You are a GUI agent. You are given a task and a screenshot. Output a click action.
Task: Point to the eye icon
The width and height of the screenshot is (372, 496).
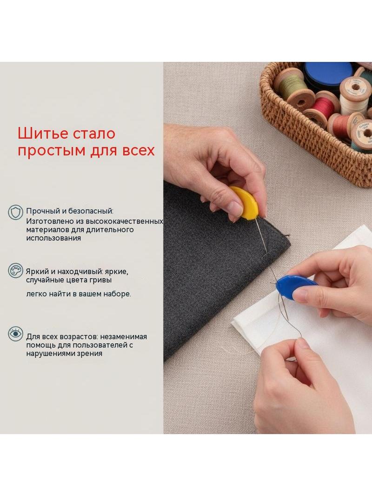point(15,334)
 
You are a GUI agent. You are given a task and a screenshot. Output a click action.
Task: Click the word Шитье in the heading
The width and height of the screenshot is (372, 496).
point(43,134)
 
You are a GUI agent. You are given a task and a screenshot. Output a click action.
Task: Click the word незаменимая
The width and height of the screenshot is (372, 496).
point(124,336)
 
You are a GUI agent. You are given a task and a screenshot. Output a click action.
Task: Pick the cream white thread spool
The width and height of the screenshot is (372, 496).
point(354,94)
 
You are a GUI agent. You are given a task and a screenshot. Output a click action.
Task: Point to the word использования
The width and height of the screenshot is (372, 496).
point(53,238)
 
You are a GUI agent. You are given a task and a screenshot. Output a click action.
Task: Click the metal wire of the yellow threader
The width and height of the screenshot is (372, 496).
point(260,235)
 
